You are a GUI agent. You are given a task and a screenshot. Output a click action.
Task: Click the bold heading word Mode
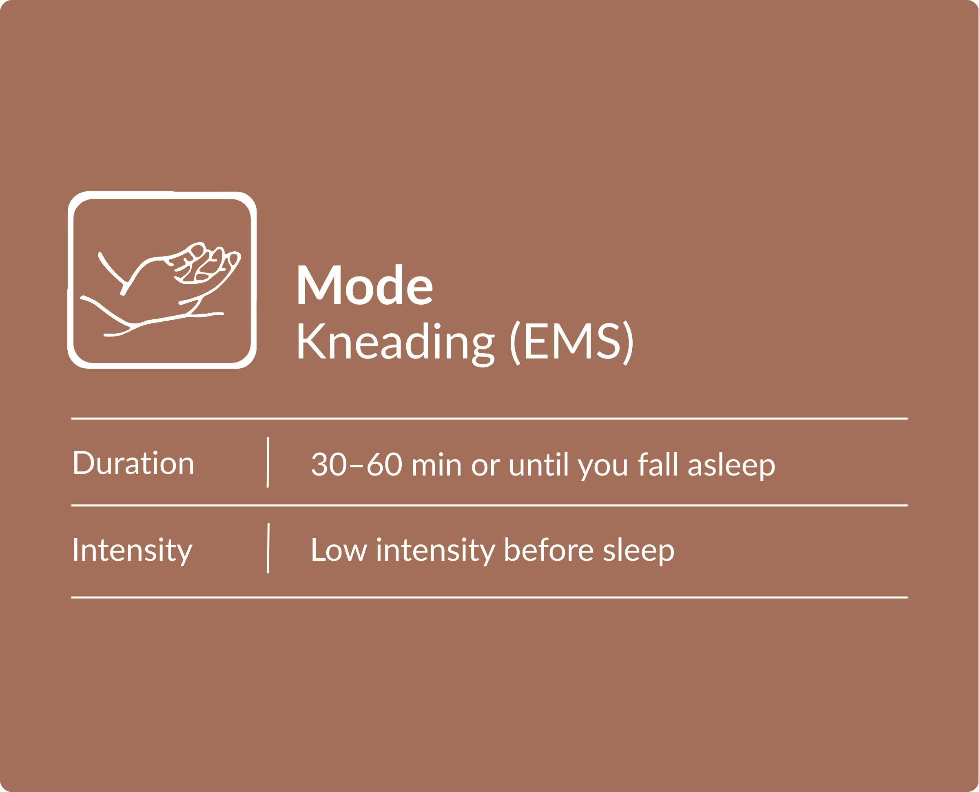tap(365, 285)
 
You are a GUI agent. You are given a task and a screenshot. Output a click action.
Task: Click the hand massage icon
tap(162, 280)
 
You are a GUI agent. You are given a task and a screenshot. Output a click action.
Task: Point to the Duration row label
tap(133, 463)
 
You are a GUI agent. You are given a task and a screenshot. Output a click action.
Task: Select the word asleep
tap(731, 465)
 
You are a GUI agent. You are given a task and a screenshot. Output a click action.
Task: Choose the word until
tap(538, 464)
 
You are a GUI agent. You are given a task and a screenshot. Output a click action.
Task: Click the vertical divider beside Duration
tap(268, 462)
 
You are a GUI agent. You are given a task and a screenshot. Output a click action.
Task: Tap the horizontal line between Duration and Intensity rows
tap(489, 505)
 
